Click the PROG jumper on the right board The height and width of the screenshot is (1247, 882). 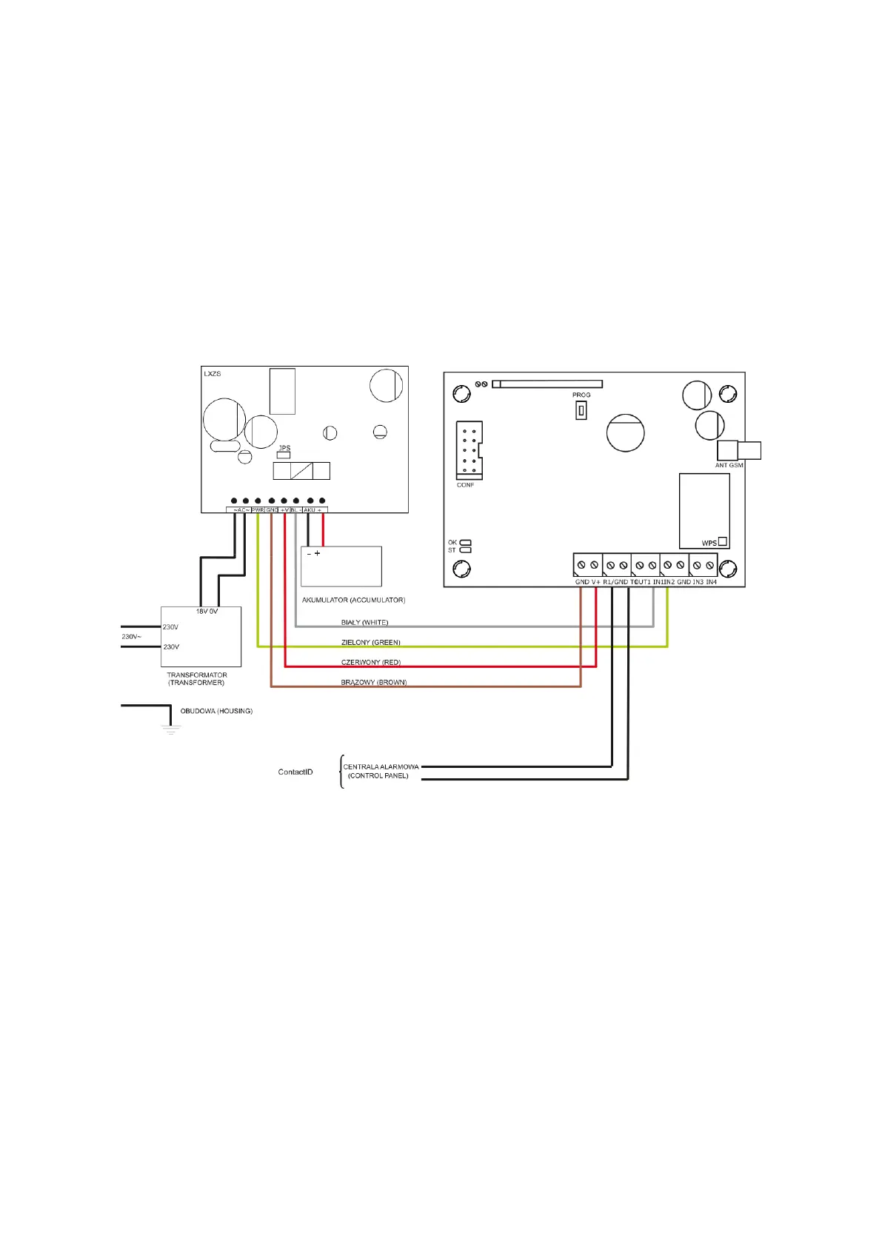(581, 409)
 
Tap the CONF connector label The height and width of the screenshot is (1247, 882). (465, 485)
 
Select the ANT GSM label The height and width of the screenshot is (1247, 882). (729, 465)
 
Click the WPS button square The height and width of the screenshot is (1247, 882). (723, 541)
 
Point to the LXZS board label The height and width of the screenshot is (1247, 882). (213, 374)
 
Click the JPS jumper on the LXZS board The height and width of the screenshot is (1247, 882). (284, 455)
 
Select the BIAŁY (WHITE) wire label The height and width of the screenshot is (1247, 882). (364, 622)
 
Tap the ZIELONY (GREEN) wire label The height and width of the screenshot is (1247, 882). (370, 642)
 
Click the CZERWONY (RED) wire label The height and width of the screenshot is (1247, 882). (370, 662)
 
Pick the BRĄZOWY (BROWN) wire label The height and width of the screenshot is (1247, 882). (373, 682)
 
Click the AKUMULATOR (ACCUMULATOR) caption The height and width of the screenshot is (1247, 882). (353, 600)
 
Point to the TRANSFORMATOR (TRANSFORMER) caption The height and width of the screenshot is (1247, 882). (196, 678)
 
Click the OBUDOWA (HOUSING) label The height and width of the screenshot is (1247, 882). (216, 711)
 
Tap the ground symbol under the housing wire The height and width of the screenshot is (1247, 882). (171, 729)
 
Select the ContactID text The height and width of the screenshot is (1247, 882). (295, 772)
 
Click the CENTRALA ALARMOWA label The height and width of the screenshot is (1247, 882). (381, 767)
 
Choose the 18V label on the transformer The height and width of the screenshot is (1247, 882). (201, 612)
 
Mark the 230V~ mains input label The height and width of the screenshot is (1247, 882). (131, 637)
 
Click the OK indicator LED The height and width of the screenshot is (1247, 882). (466, 543)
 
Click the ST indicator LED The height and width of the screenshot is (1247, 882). (466, 550)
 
